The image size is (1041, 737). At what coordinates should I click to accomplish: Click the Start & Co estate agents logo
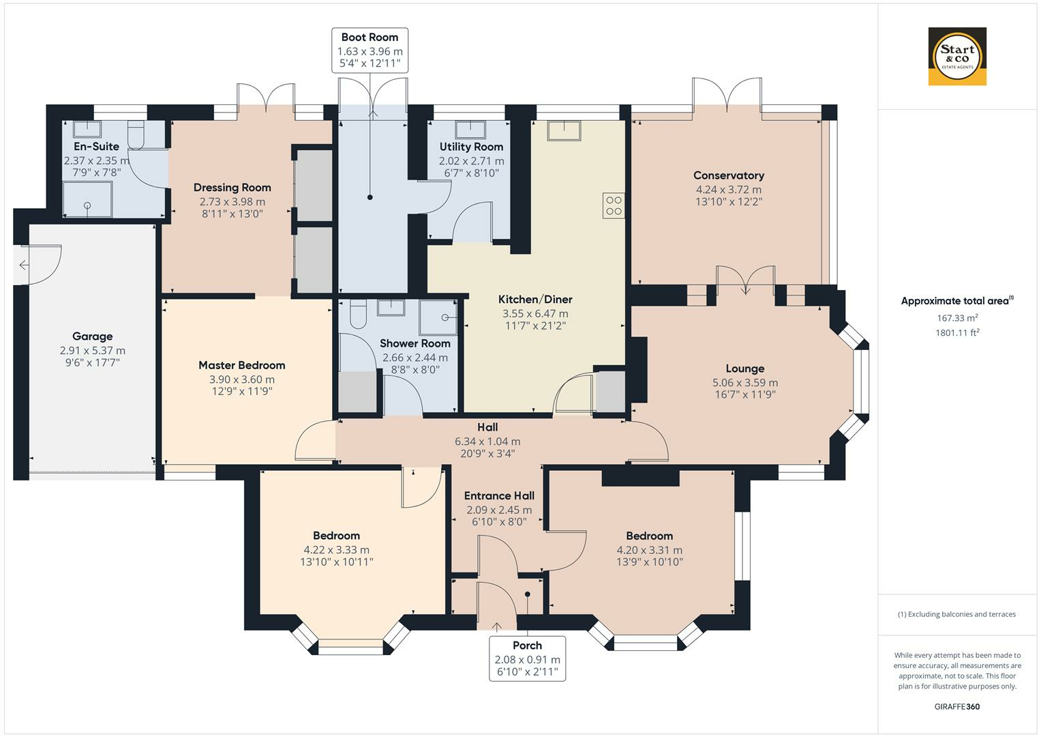957,56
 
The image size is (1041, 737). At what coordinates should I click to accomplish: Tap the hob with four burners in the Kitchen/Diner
614,205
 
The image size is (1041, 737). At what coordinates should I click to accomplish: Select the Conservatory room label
729,175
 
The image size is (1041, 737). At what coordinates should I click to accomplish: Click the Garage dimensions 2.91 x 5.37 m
93,350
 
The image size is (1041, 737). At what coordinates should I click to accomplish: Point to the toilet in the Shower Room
358,314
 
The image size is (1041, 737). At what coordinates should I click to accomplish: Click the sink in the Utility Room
470,130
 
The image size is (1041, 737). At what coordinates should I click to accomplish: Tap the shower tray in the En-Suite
87,199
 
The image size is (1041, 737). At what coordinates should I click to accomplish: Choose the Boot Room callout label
370,50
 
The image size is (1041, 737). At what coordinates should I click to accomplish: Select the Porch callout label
528,659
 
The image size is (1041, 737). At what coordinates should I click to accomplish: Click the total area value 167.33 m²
957,318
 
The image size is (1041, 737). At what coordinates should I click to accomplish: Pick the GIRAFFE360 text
957,706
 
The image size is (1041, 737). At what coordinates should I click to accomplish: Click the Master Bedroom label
241,365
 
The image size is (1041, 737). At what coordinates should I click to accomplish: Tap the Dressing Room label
232,188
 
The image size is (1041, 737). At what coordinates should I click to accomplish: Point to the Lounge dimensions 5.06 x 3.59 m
745,382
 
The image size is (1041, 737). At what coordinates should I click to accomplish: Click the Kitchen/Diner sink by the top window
564,131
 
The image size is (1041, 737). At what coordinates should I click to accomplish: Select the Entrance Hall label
499,495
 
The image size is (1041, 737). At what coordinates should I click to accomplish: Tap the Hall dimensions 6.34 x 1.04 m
487,441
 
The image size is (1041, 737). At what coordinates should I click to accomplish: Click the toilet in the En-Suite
136,135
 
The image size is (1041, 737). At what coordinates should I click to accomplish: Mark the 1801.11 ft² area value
957,333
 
